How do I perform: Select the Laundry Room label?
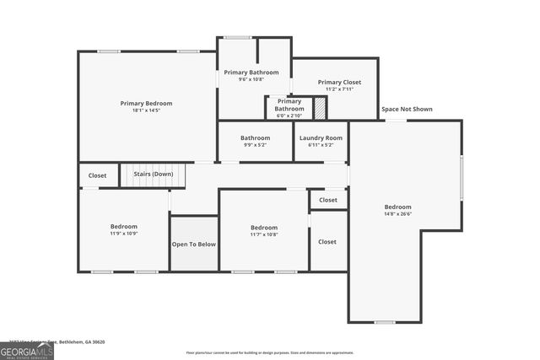tap(321, 137)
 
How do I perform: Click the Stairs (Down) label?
tap(154, 175)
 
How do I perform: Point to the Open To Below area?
tap(194, 244)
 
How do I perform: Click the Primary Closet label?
tap(339, 82)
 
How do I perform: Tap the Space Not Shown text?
tap(408, 109)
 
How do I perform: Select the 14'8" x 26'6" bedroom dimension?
tap(397, 214)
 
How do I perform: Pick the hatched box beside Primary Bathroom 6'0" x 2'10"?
tap(320, 108)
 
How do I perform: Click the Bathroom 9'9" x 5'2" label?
tap(255, 137)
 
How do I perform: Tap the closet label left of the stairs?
tap(98, 175)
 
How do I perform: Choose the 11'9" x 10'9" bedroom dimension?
tap(123, 234)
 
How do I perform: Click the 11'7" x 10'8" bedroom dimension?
tap(263, 234)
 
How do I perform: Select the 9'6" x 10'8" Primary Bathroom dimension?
tap(251, 79)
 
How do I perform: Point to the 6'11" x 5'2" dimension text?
tap(321, 145)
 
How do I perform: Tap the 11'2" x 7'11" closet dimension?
tap(339, 89)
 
